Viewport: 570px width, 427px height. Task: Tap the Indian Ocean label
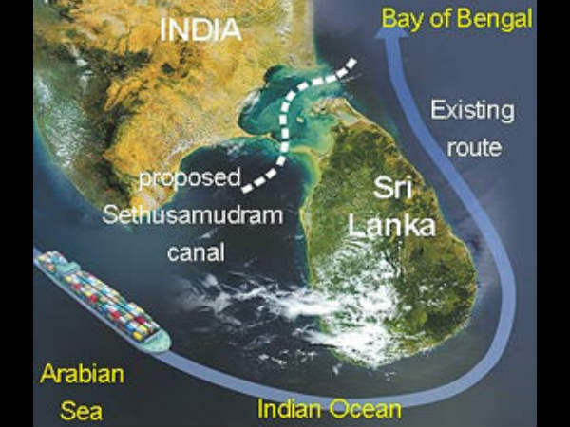(x=331, y=411)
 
